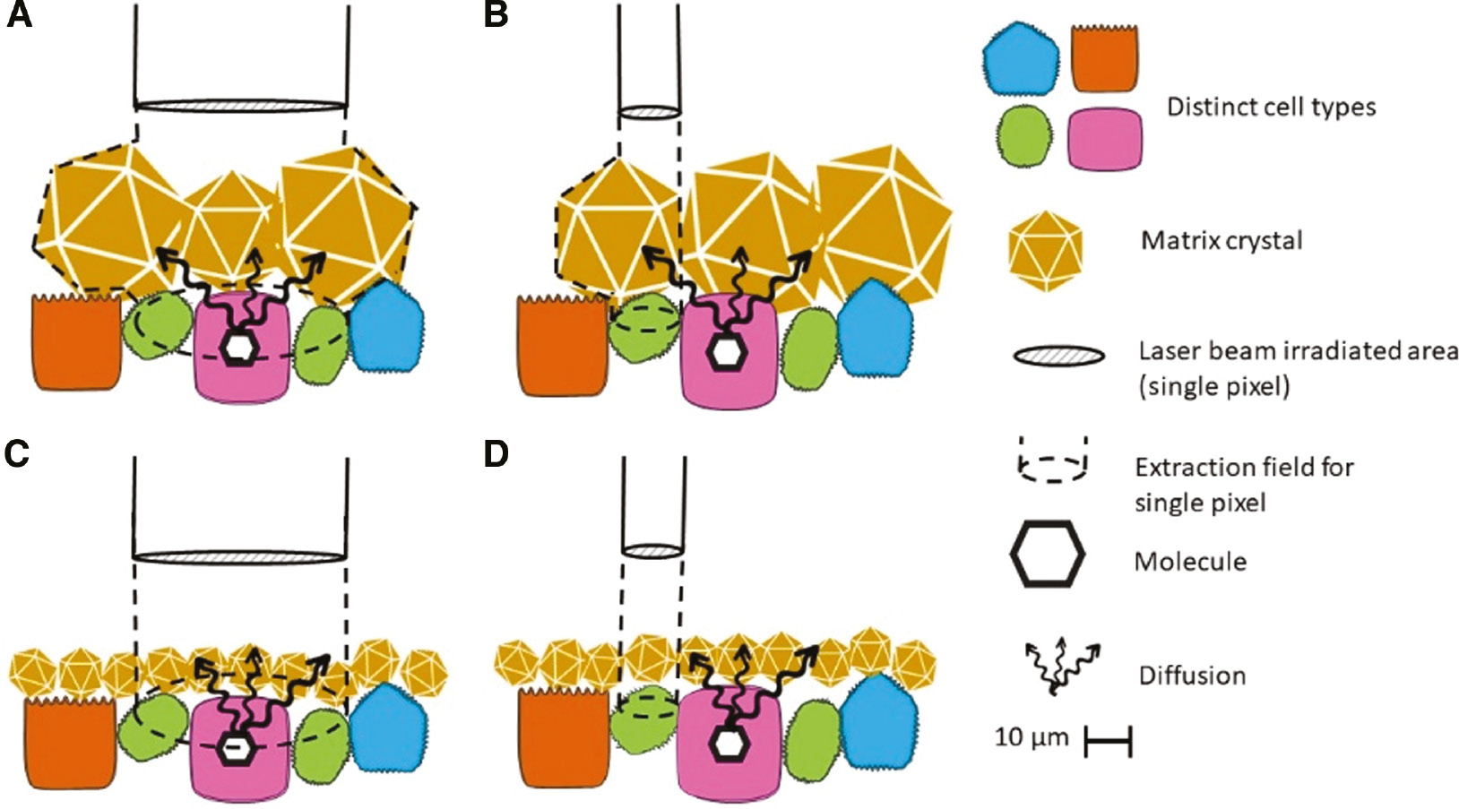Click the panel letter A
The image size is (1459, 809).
tap(19, 15)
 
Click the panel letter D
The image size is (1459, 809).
tap(496, 454)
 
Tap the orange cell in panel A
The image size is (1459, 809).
tap(76, 343)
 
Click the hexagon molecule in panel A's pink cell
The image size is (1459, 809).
tap(238, 349)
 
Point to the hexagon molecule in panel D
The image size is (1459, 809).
tap(727, 743)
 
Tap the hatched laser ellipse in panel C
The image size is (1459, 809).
tap(239, 557)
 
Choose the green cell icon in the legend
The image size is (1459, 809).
tap(1024, 137)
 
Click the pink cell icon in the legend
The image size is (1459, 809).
tap(1106, 139)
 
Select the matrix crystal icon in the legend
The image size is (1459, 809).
tap(1045, 251)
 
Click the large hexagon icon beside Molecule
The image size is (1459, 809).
tap(1047, 555)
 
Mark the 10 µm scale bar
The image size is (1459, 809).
tap(1108, 742)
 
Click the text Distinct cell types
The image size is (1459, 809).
tap(1270, 107)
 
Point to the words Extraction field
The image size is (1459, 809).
tap(1243, 468)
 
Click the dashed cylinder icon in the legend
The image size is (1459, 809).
tap(1053, 460)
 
